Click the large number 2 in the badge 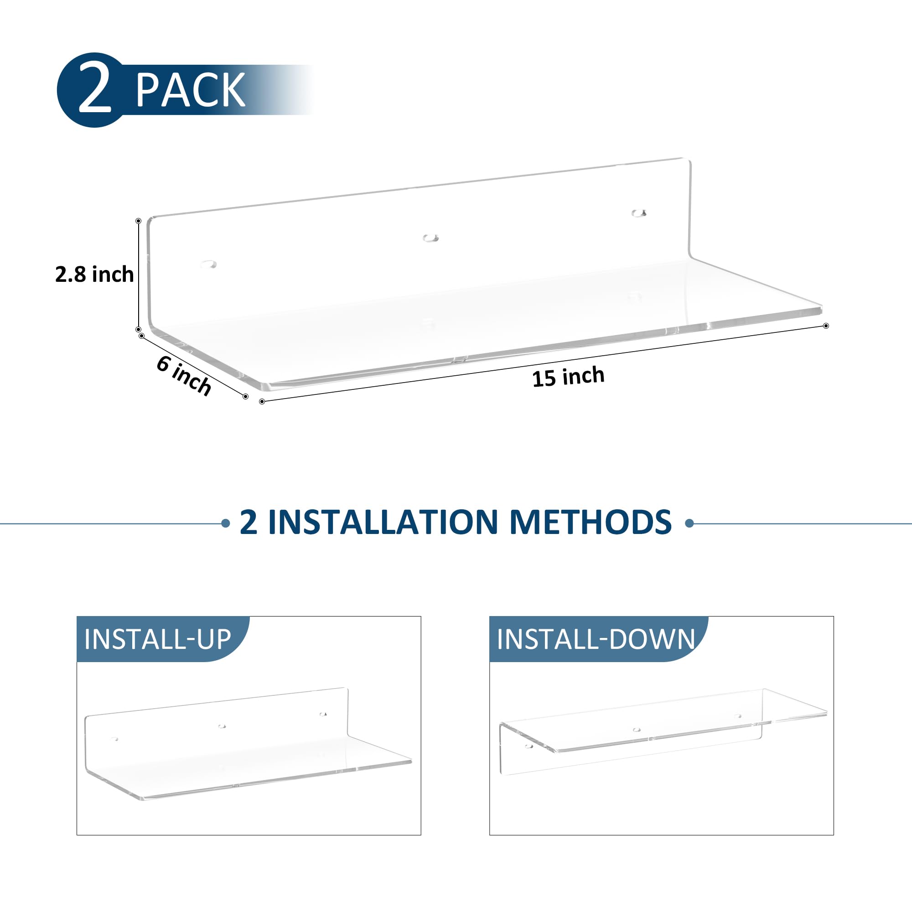click(95, 89)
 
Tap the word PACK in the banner click(190, 89)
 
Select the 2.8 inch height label click(94, 274)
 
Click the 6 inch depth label click(184, 375)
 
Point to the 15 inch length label click(568, 377)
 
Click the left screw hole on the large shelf click(208, 264)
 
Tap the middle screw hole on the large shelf click(430, 238)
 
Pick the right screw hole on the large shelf click(639, 213)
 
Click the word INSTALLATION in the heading click(383, 522)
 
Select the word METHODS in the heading click(591, 522)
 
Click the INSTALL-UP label click(158, 639)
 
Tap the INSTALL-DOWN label click(596, 639)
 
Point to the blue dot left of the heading click(226, 523)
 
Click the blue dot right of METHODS click(689, 523)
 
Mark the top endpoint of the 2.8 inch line click(138, 221)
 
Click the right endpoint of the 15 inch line click(826, 326)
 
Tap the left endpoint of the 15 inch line click(262, 402)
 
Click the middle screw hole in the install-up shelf click(222, 726)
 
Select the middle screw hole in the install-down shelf click(637, 730)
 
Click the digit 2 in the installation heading click(249, 522)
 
